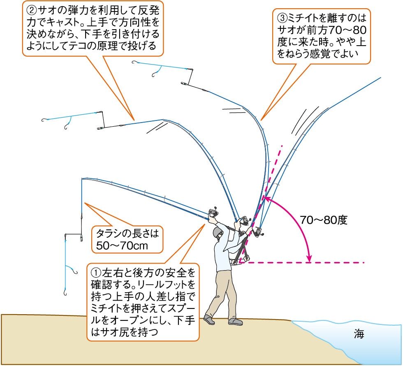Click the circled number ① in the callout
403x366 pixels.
95,272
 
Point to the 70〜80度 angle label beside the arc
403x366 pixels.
324,220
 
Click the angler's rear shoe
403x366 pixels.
209,319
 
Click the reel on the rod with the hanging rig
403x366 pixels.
213,212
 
